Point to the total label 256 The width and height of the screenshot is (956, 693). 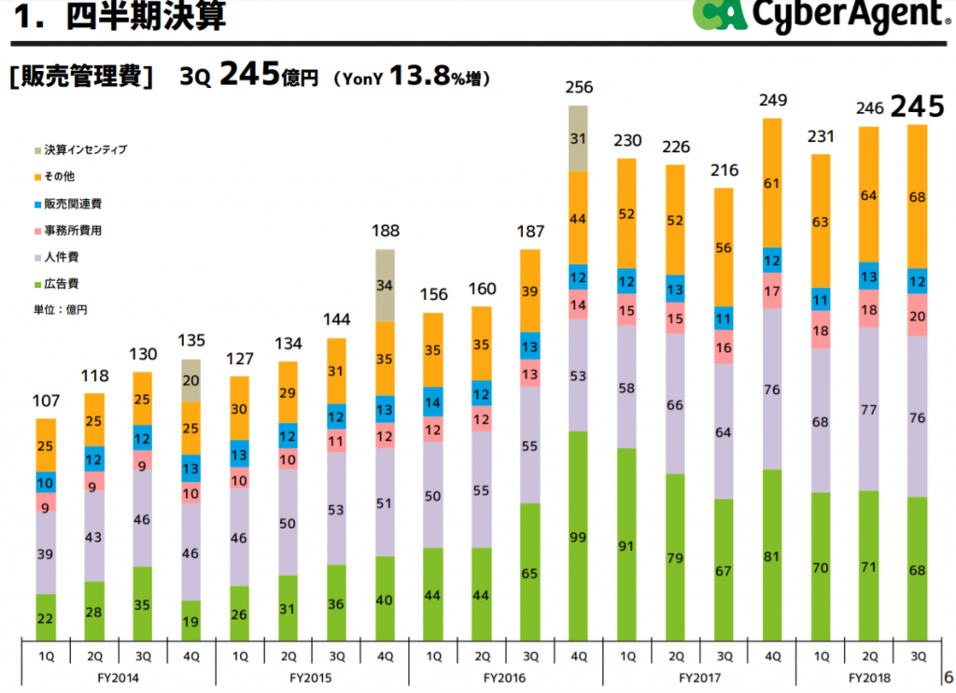click(579, 88)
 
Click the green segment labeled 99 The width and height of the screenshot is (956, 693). click(579, 536)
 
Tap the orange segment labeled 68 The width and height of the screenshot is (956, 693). click(917, 196)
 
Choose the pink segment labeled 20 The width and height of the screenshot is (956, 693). click(917, 317)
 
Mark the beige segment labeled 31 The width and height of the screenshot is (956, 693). click(579, 138)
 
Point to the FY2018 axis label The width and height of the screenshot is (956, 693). click(869, 677)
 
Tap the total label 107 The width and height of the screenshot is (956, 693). click(47, 402)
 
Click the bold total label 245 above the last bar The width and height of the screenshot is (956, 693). click(917, 106)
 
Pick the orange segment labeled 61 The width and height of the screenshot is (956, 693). click(772, 184)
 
